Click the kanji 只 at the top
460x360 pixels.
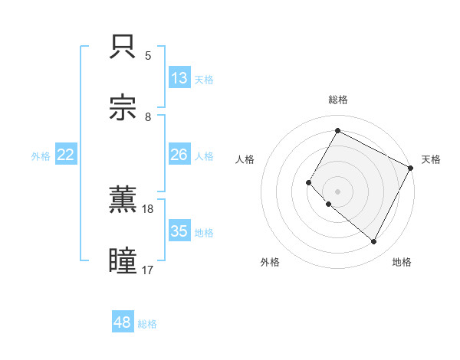pyautogui.click(x=123, y=48)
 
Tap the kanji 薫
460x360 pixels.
pyautogui.click(x=123, y=200)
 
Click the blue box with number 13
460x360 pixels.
pyautogui.click(x=179, y=78)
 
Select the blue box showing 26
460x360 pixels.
pyautogui.click(x=179, y=155)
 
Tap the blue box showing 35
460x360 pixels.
pyautogui.click(x=179, y=231)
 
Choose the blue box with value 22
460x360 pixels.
pyautogui.click(x=66, y=155)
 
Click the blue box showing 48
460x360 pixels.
pyautogui.click(x=123, y=322)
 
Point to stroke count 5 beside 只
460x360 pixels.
pyautogui.click(x=148, y=56)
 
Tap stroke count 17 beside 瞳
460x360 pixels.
pyautogui.click(x=148, y=270)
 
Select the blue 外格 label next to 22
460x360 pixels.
pyautogui.click(x=41, y=156)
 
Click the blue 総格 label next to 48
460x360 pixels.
pyautogui.click(x=147, y=324)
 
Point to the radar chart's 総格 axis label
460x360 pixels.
pyautogui.click(x=337, y=100)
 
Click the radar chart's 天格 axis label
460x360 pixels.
pyautogui.click(x=431, y=159)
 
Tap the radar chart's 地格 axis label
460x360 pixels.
pyautogui.click(x=402, y=262)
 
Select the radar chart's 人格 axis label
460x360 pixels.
pyautogui.click(x=245, y=159)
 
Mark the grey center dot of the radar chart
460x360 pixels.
pyautogui.click(x=337, y=191)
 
